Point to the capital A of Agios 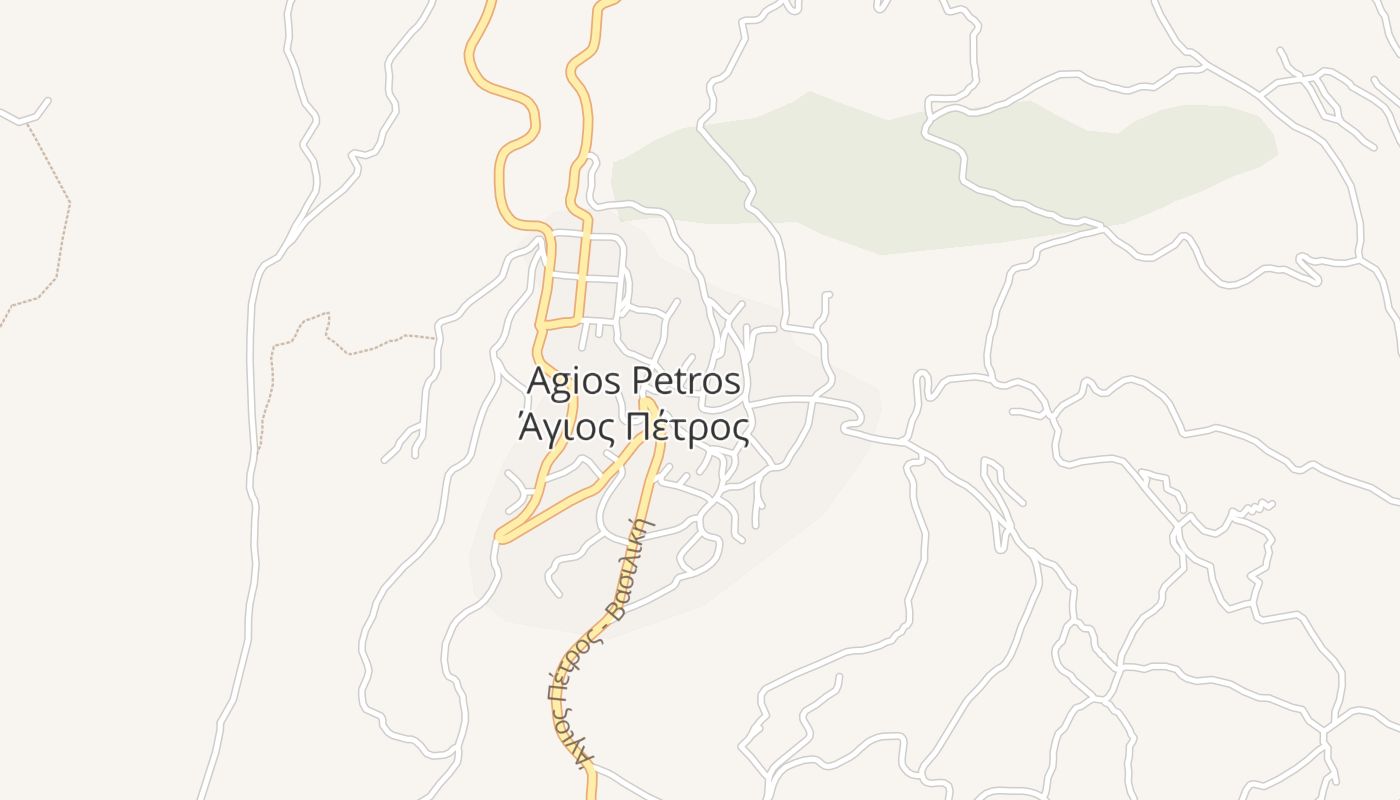[x=539, y=381]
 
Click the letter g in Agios [x=561, y=385]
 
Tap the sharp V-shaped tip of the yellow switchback [x=500, y=537]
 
